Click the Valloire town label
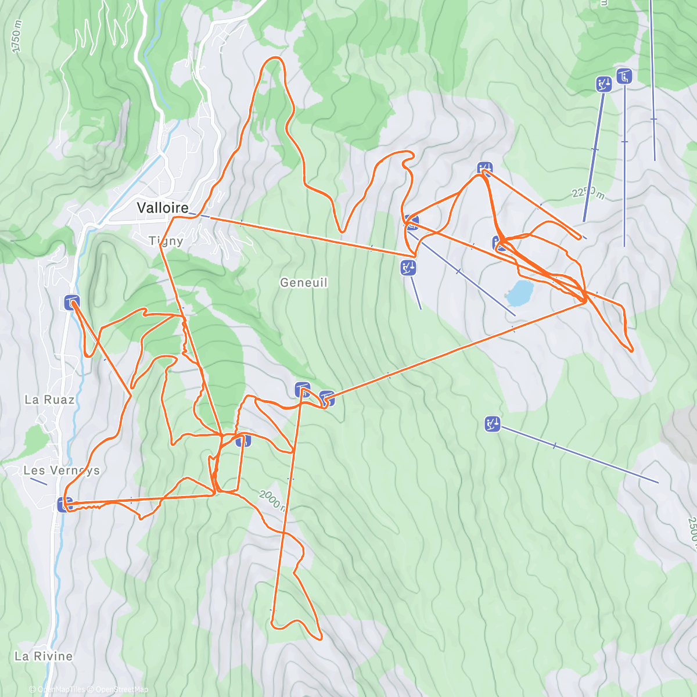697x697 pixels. pos(163,208)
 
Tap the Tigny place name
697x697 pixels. pos(166,240)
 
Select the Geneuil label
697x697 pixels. pos(304,283)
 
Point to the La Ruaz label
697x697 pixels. pos(50,400)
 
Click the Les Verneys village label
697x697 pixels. pos(62,470)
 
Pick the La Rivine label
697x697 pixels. pos(44,656)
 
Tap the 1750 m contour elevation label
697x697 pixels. pos(16,38)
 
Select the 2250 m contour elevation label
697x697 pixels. pos(588,192)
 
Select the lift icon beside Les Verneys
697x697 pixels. pos(65,504)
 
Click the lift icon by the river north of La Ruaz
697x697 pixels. pos(72,302)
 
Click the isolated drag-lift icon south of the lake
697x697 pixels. pos(493,425)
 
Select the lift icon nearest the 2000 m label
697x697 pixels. pos(243,440)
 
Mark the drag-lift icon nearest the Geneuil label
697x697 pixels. pos(408,268)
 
